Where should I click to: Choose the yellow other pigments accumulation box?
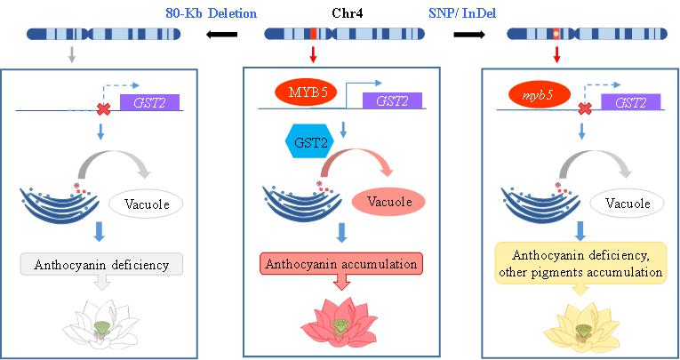580,263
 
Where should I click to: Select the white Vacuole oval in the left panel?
146,204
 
